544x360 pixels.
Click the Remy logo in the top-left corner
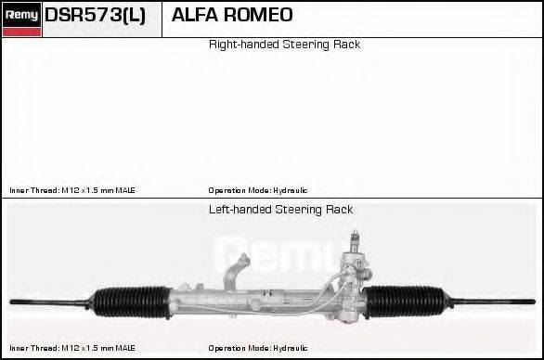(21, 14)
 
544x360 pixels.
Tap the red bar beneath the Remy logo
(21, 32)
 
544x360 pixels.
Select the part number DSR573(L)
(96, 16)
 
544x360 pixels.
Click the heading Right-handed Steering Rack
(284, 45)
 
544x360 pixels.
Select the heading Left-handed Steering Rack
(280, 210)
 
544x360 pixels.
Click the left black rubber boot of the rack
(131, 301)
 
